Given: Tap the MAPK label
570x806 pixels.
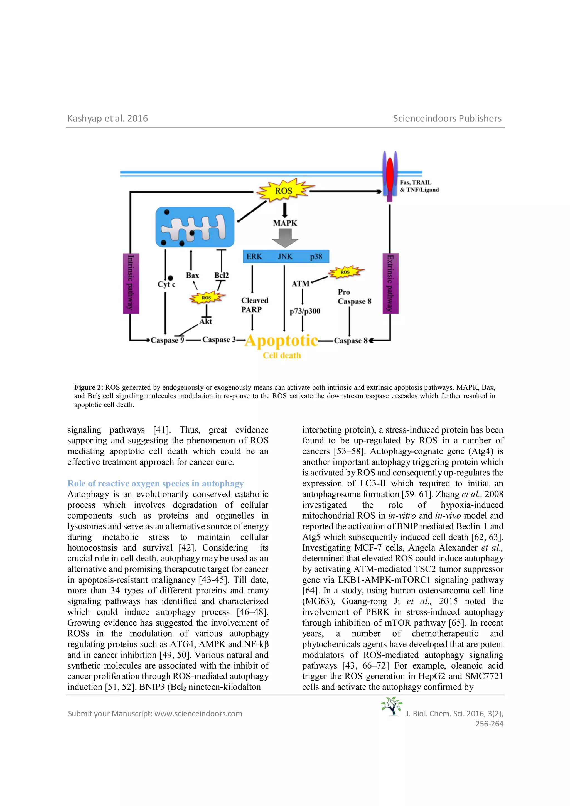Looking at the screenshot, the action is [x=285, y=223].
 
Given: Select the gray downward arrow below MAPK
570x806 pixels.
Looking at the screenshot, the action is [x=285, y=238].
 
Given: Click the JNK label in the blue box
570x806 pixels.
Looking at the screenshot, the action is [x=285, y=257].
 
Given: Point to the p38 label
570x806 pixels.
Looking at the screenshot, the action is [x=316, y=257].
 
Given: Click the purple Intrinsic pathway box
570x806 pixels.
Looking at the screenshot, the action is [x=131, y=283].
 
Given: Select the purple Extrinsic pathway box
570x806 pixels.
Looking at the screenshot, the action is [x=390, y=283].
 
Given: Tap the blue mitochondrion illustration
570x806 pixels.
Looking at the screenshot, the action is [x=195, y=227].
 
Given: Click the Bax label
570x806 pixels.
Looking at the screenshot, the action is [x=192, y=276].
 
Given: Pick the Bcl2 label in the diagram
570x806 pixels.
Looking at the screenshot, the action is [x=222, y=275].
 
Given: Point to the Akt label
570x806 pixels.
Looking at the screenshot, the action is [x=206, y=321].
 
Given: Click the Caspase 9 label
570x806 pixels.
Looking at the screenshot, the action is [x=167, y=340].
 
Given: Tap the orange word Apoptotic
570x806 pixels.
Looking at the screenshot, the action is [x=281, y=340].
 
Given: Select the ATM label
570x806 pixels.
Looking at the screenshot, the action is [x=300, y=284].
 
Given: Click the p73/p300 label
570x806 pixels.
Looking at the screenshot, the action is [x=305, y=311].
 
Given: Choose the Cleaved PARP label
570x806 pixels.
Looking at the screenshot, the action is [x=254, y=305].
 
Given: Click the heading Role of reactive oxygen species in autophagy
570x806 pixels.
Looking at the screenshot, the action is [x=156, y=483].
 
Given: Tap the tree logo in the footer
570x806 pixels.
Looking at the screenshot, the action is [x=392, y=706].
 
